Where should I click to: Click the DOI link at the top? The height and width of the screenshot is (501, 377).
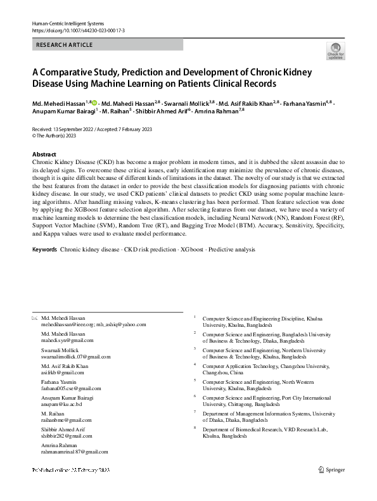[x=72, y=30]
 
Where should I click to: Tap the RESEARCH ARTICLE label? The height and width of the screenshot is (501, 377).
[x=65, y=45]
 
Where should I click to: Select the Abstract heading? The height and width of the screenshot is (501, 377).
[x=45, y=155]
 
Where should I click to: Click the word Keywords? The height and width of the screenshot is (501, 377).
[x=44, y=250]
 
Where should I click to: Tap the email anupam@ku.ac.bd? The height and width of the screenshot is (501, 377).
[x=62, y=404]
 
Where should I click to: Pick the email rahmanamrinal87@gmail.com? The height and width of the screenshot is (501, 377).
[x=74, y=452]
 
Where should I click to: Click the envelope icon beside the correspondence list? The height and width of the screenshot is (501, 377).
[x=34, y=318]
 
